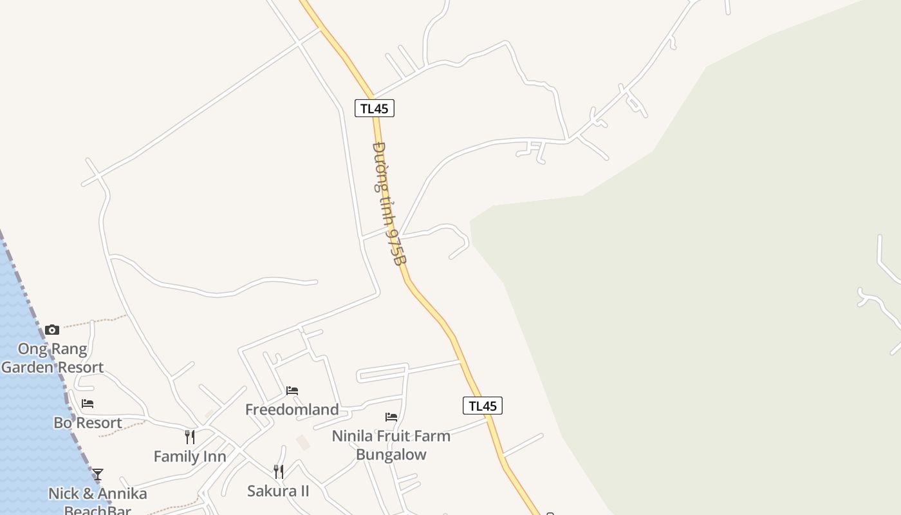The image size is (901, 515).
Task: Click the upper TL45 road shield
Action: (374, 108)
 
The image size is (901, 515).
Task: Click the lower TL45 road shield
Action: (482, 406)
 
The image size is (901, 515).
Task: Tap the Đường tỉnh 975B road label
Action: (389, 203)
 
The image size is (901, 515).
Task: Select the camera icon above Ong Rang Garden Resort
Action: (52, 330)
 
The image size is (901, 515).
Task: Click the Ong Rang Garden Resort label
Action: (52, 358)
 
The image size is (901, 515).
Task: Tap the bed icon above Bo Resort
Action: (88, 404)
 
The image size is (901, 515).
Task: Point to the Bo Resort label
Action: (88, 423)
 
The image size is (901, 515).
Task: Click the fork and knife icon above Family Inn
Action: (190, 437)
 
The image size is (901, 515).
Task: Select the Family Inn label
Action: (190, 456)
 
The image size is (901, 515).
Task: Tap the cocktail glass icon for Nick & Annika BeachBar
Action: (97, 474)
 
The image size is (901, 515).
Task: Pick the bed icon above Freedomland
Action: (292, 390)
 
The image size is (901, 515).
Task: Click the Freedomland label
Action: (292, 409)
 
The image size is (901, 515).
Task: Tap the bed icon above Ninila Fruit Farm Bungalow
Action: (391, 417)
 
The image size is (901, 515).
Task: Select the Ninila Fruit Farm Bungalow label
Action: (391, 445)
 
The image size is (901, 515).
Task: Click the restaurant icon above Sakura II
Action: (278, 472)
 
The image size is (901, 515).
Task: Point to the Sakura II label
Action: (278, 491)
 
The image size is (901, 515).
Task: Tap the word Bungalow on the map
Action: (391, 454)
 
